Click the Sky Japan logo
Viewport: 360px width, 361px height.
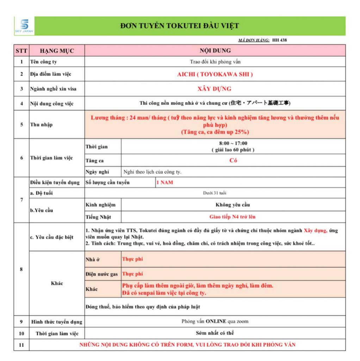(x=24, y=26)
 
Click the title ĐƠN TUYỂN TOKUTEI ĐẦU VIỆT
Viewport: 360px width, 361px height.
(x=179, y=26)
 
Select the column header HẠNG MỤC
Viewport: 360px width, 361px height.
(x=57, y=50)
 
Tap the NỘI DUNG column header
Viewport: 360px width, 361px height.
(x=215, y=50)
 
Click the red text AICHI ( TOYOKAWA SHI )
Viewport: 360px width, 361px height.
(x=215, y=74)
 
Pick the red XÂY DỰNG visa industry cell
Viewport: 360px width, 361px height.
(x=215, y=89)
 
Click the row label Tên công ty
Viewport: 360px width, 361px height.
(x=43, y=62)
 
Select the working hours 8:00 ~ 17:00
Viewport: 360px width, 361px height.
(x=233, y=143)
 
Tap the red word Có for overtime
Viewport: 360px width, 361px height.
(x=233, y=160)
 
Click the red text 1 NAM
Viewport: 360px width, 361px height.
(x=165, y=183)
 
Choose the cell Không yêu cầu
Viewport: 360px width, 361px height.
(x=233, y=205)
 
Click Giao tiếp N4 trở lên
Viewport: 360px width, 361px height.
(x=233, y=217)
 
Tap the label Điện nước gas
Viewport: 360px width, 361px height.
(x=102, y=274)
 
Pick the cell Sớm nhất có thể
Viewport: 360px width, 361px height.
(x=215, y=333)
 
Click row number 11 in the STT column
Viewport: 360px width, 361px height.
(x=21, y=345)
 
